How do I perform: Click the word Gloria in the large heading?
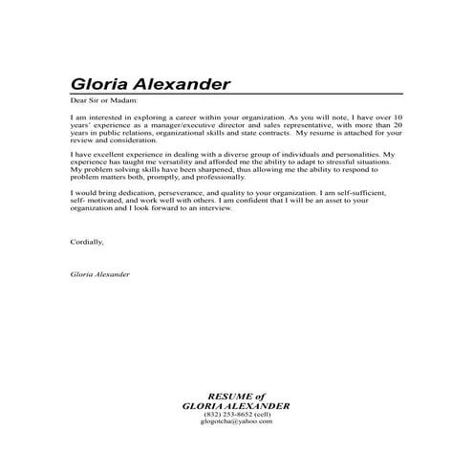[x=97, y=84]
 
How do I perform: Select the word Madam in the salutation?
[x=124, y=100]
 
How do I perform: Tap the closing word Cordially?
[x=87, y=242]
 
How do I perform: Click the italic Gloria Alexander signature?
[x=100, y=274]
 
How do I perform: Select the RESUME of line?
[x=237, y=395]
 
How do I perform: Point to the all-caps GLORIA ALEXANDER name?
[x=236, y=404]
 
